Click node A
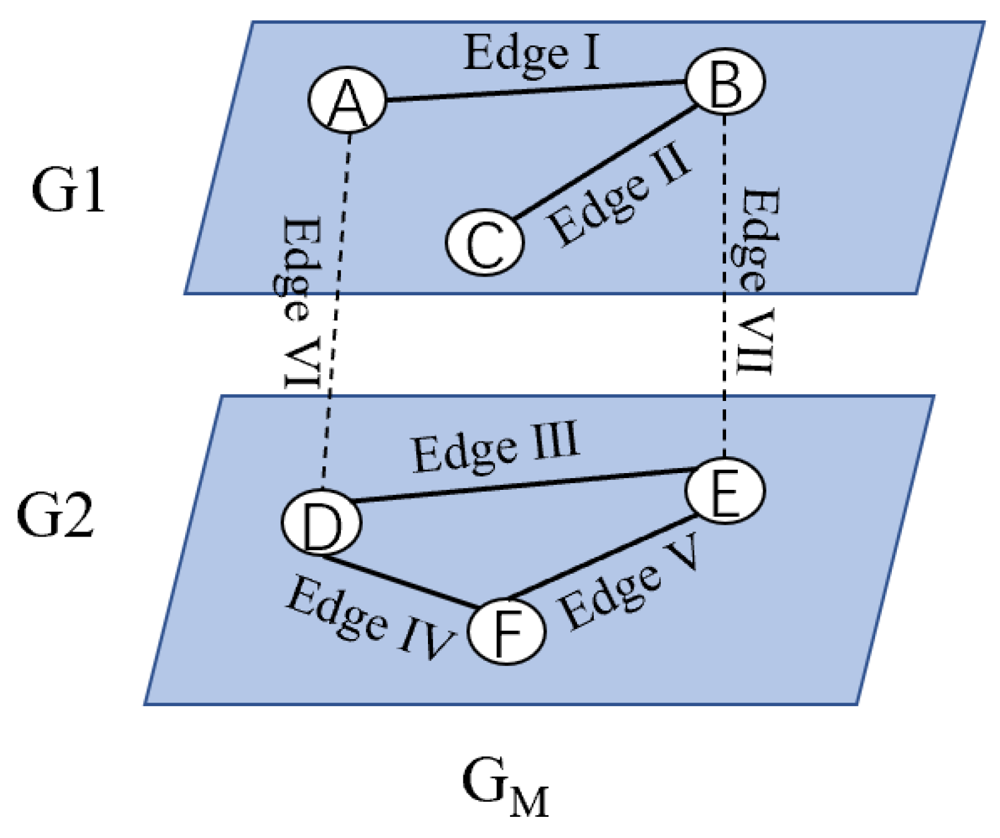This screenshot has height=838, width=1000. (x=347, y=99)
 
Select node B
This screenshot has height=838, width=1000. (x=725, y=81)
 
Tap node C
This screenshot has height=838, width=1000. (x=484, y=242)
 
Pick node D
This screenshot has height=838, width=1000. (x=321, y=522)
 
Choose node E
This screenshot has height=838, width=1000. (x=725, y=490)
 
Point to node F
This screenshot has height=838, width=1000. (x=506, y=632)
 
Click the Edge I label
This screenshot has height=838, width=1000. (x=532, y=53)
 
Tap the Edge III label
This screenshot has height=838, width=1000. (x=495, y=447)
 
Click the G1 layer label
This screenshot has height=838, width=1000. (x=68, y=191)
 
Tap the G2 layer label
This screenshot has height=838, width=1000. (x=55, y=515)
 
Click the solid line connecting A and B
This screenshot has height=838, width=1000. (x=534, y=91)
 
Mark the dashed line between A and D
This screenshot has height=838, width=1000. (x=336, y=311)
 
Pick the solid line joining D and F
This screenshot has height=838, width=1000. (x=398, y=581)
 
